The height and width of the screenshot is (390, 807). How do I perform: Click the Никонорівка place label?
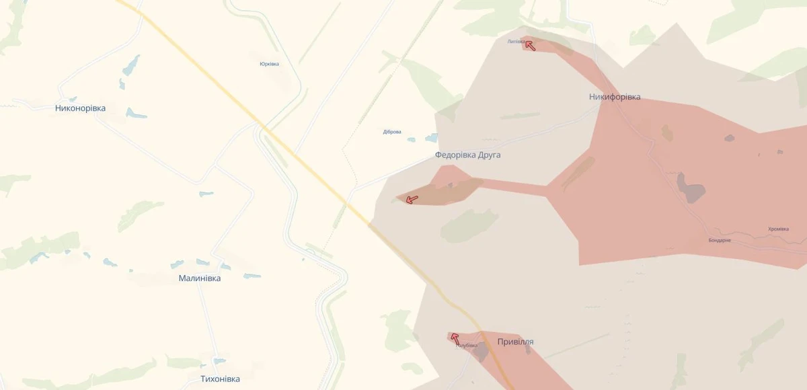tap(80, 108)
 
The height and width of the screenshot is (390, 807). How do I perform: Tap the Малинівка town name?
tap(200, 278)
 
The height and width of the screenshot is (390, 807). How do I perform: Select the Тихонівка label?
tap(220, 379)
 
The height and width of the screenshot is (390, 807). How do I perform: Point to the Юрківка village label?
tap(269, 64)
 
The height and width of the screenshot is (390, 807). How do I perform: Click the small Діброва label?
tap(392, 132)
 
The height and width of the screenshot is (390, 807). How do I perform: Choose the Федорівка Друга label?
tap(467, 155)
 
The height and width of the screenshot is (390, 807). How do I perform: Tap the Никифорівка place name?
tap(615, 97)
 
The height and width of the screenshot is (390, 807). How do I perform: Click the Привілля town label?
tap(515, 342)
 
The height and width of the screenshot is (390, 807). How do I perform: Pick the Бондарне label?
tap(720, 240)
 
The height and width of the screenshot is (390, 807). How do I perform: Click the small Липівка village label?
tap(516, 41)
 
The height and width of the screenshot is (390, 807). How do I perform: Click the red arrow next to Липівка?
tap(530, 46)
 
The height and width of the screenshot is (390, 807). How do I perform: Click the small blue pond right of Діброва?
tap(430, 139)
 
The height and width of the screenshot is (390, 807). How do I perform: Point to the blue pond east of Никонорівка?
tap(136, 114)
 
